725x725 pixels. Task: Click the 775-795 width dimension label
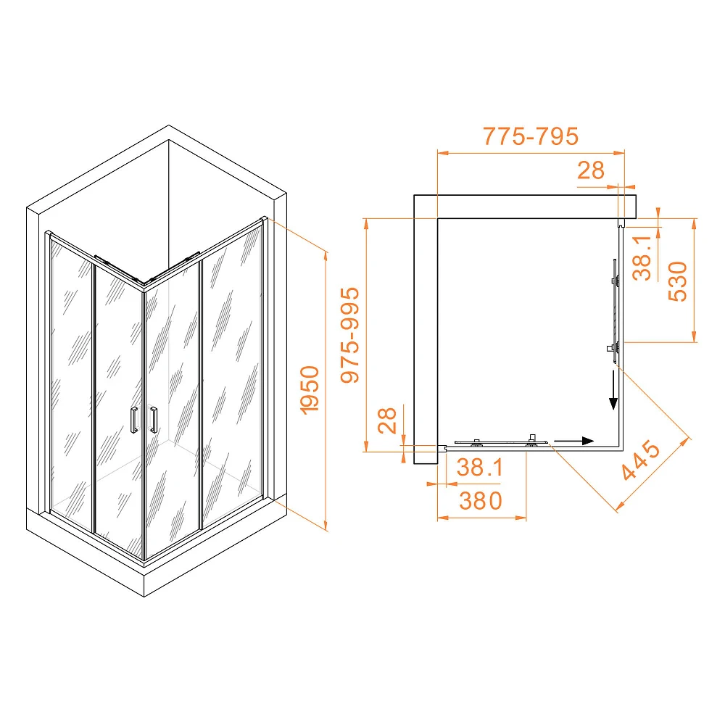[x=531, y=136]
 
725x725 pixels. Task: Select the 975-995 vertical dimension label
[x=350, y=335]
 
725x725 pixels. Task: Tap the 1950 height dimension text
[x=310, y=390]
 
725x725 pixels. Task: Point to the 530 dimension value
[x=678, y=281]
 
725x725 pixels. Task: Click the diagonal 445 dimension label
[x=640, y=460]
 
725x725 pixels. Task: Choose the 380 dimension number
[x=481, y=501]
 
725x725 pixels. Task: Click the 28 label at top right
[x=590, y=170]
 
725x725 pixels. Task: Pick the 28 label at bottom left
[x=387, y=420]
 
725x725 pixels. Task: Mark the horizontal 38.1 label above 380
[x=479, y=468]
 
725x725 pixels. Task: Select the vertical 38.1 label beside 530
[x=642, y=258]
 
